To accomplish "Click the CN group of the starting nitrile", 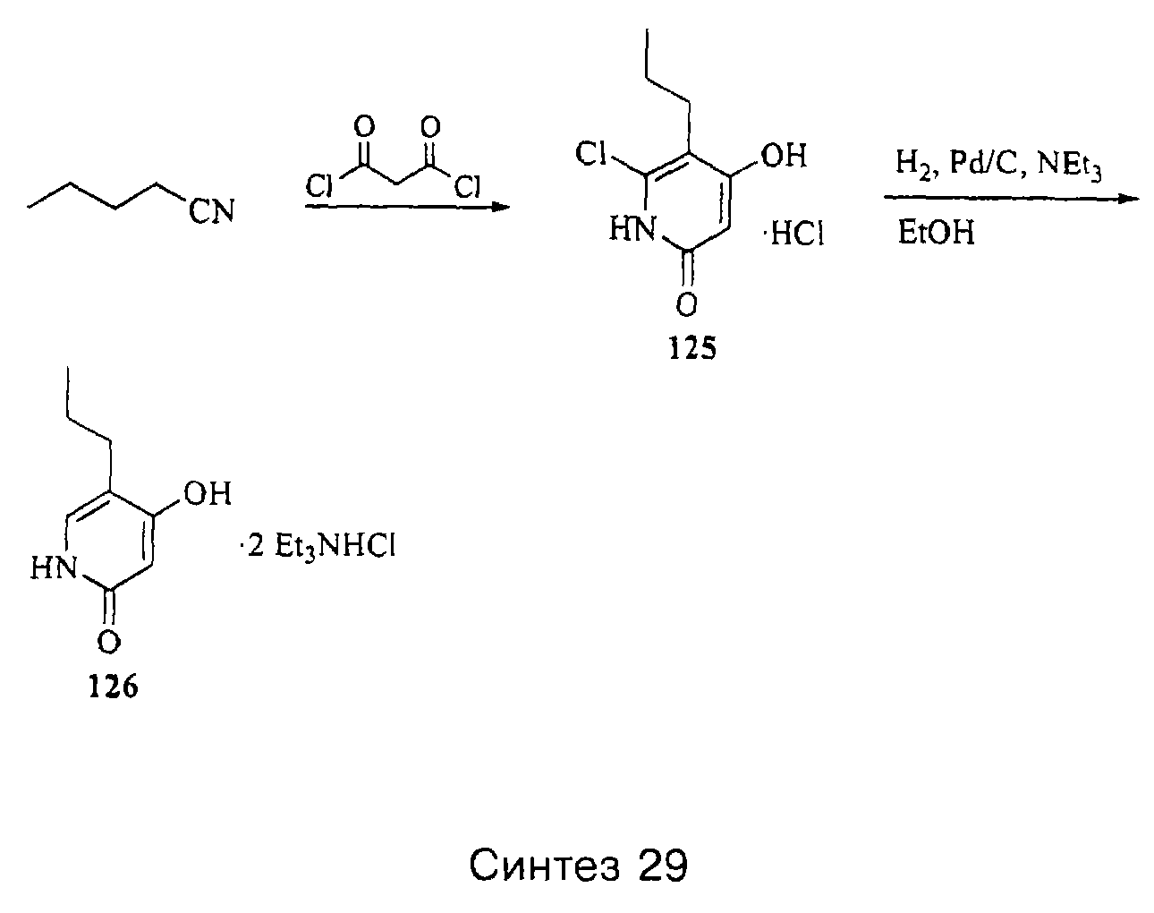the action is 211,211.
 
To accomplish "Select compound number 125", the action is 692,348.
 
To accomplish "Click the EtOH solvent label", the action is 936,233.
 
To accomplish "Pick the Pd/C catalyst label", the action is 984,163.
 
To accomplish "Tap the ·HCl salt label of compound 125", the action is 794,234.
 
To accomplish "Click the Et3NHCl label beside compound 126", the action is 335,548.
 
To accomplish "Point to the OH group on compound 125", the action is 784,156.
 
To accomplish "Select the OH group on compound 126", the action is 207,492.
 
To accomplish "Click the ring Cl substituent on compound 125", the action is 591,154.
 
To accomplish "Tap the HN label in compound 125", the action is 632,229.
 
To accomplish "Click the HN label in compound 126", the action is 54,567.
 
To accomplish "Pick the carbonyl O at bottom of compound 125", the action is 686,305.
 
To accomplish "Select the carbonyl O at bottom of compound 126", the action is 109,642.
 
